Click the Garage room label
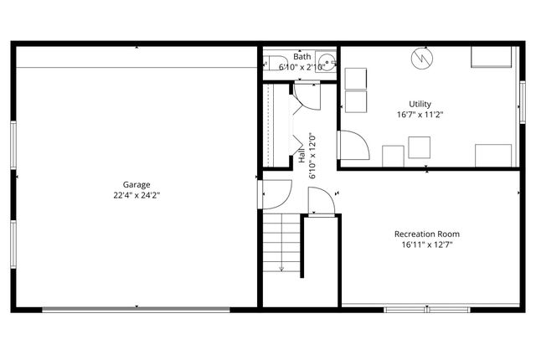pos(137,184)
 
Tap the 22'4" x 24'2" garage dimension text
pos(137,195)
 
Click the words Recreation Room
pos(427,234)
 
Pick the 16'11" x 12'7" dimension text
pos(427,245)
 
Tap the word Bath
pos(290,57)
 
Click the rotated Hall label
pos(302,156)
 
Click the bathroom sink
pos(328,62)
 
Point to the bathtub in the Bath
pos(272,64)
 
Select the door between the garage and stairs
pos(275,194)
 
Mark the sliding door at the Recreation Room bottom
pos(428,309)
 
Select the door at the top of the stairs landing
pos(320,202)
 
